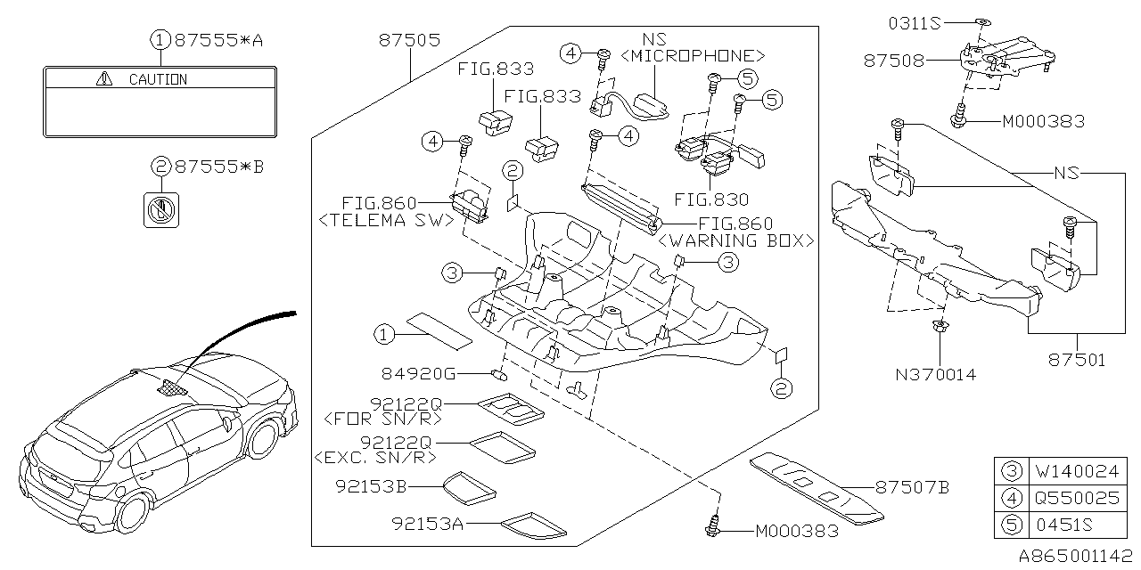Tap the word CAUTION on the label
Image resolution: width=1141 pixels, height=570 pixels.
(158, 79)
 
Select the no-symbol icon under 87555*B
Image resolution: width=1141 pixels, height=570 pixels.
(161, 210)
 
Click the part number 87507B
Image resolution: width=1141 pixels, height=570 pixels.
(911, 487)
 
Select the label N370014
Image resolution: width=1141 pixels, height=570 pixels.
(934, 374)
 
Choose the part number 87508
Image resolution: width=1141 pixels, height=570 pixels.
(893, 61)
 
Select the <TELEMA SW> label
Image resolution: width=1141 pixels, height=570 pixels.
(383, 221)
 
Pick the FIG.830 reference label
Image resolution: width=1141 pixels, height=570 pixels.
(711, 200)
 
